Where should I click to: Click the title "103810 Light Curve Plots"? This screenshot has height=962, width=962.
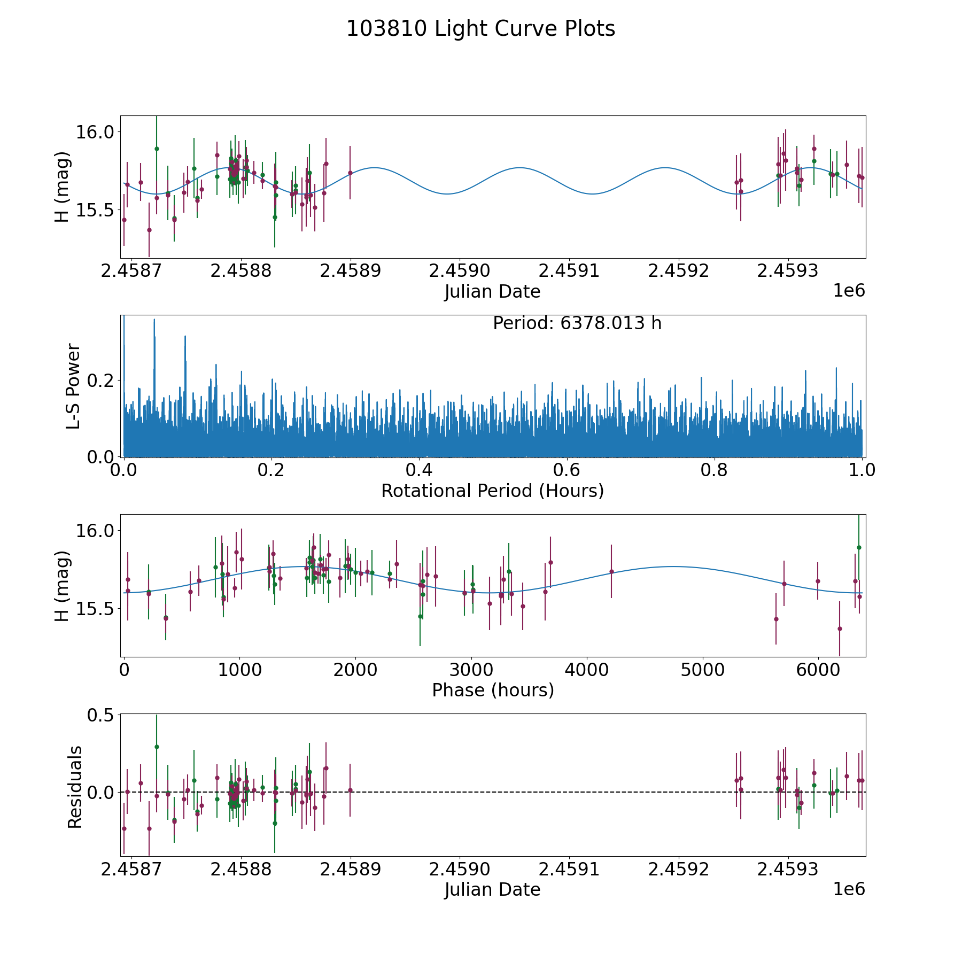[480, 29]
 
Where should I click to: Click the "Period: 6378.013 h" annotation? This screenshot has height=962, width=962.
[577, 323]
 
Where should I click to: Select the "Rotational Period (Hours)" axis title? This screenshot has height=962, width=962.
[492, 491]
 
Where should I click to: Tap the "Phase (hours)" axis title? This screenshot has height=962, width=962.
[493, 690]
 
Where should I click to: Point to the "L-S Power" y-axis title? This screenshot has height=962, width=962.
[73, 386]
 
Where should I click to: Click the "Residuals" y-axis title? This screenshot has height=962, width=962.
[75, 787]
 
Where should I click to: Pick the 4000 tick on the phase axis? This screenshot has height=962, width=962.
[587, 670]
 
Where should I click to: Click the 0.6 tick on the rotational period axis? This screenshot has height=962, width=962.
[567, 471]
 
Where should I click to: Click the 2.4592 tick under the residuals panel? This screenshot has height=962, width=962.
[679, 870]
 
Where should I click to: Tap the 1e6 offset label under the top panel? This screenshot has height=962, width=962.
[849, 291]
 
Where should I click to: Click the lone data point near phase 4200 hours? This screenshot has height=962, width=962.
[611, 571]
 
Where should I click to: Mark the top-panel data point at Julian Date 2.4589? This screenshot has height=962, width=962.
[350, 173]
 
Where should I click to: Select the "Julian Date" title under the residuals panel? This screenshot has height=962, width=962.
[492, 890]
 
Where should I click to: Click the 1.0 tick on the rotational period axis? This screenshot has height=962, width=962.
[862, 471]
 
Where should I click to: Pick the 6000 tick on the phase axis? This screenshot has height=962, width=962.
[818, 670]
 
